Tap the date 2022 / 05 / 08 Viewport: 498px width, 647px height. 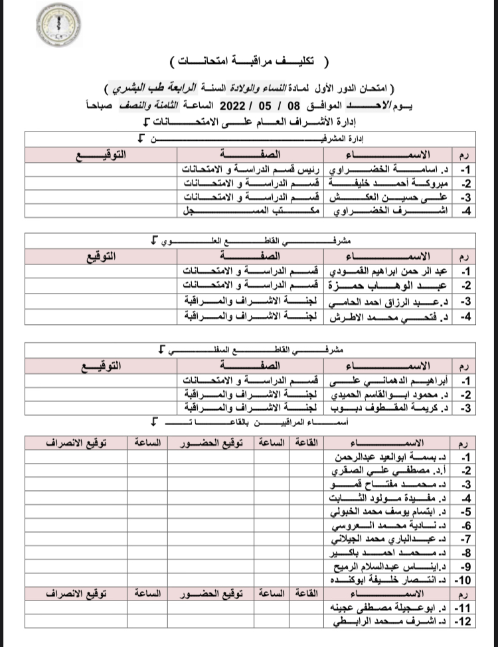[259, 105]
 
